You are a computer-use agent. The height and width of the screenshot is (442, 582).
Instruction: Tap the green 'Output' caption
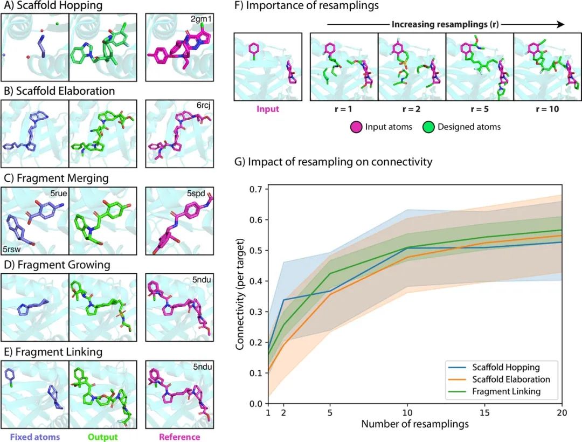coord(103,437)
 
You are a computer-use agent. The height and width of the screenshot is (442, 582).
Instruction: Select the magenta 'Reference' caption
coord(180,437)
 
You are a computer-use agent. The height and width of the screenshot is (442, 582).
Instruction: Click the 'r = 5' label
coord(479,108)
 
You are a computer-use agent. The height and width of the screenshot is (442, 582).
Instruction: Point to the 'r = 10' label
coord(547,108)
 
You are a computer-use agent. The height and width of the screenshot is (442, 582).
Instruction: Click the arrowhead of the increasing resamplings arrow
coord(560,24)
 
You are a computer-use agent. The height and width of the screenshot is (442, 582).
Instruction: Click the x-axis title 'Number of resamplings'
coord(414,424)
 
